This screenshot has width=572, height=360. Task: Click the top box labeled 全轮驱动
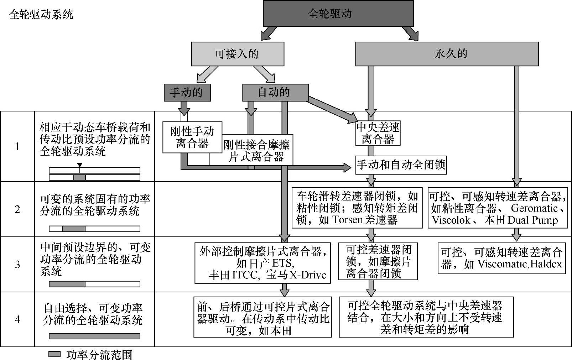point(338,14)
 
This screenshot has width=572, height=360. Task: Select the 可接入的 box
point(238,54)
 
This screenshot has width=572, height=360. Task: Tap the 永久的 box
point(447,54)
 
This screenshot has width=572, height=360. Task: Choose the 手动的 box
point(187,93)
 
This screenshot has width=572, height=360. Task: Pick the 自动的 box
point(275,93)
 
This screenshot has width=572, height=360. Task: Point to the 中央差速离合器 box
point(378,133)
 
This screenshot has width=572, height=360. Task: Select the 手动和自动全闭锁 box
point(401,165)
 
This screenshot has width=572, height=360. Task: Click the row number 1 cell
point(17,146)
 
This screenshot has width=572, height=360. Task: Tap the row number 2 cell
point(17,209)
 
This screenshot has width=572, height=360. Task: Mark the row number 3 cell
point(17,265)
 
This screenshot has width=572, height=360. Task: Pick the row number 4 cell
point(17,319)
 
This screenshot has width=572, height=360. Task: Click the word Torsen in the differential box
point(346,220)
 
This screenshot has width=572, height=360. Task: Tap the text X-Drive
point(307,275)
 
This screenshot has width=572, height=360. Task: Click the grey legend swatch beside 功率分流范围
point(54,354)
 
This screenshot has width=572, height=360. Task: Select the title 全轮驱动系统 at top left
point(41,15)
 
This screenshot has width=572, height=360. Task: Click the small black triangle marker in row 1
point(80,165)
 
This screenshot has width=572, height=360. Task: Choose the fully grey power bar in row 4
point(94,336)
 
